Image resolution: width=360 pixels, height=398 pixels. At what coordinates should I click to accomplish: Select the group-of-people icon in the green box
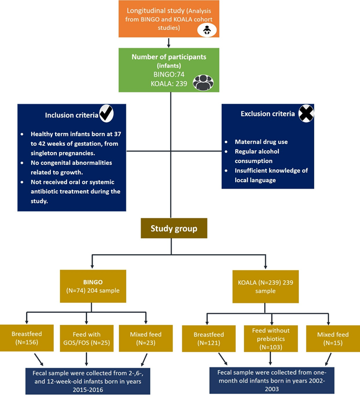pos(203,83)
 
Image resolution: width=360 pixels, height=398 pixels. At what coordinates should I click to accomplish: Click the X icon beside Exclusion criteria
pos(306,113)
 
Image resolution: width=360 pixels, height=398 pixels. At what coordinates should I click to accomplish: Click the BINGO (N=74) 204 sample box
pos(93,286)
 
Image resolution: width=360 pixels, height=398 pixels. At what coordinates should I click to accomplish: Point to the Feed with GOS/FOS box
pos(86,339)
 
